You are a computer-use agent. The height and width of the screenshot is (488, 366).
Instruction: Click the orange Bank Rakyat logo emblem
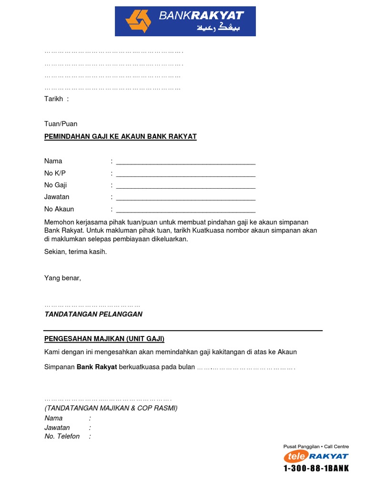[138, 21]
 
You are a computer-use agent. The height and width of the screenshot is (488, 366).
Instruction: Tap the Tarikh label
[53, 99]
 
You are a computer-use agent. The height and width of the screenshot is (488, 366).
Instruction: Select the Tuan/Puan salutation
[61, 123]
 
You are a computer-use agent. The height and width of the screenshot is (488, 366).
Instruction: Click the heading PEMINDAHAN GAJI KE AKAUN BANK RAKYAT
[120, 137]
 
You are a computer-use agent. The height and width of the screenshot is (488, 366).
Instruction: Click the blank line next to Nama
[185, 162]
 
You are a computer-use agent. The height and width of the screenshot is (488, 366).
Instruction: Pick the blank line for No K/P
[185, 173]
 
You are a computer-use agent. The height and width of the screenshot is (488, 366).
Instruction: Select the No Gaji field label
[55, 185]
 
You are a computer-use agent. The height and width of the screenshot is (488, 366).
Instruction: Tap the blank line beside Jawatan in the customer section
[185, 197]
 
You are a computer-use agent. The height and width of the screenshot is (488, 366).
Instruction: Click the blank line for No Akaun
[185, 210]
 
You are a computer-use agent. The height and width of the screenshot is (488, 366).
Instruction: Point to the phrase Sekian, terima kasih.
[75, 252]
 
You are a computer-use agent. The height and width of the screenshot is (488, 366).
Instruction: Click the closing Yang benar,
[62, 278]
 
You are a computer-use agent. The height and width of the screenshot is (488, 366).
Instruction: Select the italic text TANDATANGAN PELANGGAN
[93, 314]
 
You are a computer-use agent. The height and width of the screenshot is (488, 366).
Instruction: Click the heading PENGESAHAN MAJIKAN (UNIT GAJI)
[104, 339]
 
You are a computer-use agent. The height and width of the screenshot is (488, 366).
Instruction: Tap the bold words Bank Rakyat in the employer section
[97, 368]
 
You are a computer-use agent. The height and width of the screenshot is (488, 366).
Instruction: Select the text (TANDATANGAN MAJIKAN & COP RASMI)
[111, 408]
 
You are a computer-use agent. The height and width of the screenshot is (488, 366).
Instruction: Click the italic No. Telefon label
[62, 436]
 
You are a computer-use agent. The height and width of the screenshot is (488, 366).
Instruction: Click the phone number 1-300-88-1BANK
[316, 468]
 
